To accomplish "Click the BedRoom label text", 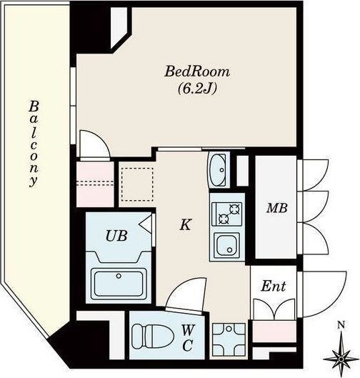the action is click(x=197, y=71).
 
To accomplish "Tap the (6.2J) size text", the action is click(x=197, y=89).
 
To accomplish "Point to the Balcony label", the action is click(x=34, y=144).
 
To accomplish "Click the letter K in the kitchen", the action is click(x=186, y=224).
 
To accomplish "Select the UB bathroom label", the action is click(x=116, y=236).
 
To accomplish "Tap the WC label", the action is click(x=187, y=338).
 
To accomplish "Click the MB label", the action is click(x=277, y=208).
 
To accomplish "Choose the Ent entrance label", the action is click(x=274, y=286).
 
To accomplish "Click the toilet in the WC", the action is click(x=153, y=336).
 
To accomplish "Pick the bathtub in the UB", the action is click(x=119, y=284).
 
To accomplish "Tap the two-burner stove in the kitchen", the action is click(x=226, y=214).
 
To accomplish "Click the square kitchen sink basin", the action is click(x=226, y=245).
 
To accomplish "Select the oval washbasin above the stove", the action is click(x=217, y=170).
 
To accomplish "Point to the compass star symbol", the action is click(x=341, y=359).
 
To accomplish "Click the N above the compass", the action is click(x=341, y=325).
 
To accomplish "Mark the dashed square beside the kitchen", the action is click(x=137, y=184).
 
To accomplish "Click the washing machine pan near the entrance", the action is click(x=229, y=339).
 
